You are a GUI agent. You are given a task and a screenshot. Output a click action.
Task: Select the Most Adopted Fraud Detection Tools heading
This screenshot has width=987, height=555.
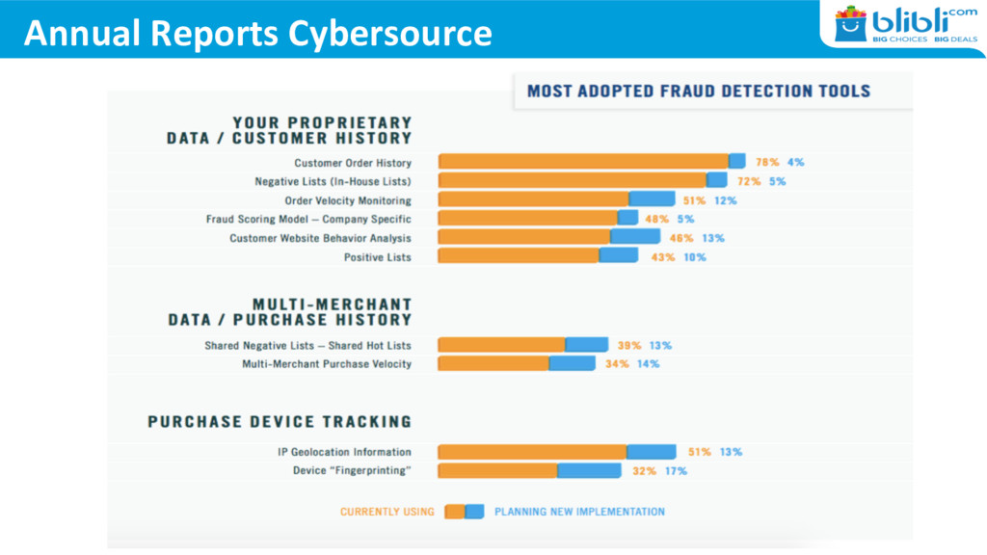(x=698, y=92)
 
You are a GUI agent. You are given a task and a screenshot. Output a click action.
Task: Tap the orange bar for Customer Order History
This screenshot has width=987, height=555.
(x=583, y=162)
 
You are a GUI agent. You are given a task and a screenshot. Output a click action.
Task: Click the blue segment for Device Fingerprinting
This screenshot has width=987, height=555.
(x=589, y=470)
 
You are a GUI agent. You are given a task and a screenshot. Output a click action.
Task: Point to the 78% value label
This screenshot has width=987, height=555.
(x=767, y=162)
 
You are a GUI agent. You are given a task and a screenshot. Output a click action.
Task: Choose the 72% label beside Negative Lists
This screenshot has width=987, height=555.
(x=749, y=181)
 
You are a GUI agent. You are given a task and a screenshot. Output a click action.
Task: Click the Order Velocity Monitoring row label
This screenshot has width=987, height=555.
(x=347, y=200)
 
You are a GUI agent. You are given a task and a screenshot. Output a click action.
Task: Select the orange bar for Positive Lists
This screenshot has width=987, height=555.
(x=519, y=256)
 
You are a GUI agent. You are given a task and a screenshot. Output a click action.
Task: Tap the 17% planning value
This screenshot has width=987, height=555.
(x=676, y=470)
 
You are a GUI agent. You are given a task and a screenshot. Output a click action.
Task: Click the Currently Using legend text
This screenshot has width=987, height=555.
(x=387, y=512)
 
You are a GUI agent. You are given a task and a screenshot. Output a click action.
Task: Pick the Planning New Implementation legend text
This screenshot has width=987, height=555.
(x=579, y=512)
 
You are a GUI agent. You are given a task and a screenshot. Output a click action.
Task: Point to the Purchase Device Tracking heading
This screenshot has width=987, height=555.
(x=280, y=422)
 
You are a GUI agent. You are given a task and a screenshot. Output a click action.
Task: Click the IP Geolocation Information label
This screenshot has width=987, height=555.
(x=343, y=451)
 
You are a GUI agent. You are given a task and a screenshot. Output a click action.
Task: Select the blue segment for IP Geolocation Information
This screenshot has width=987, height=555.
(x=652, y=451)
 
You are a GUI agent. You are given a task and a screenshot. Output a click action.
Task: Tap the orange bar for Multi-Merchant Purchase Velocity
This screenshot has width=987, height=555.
(x=493, y=363)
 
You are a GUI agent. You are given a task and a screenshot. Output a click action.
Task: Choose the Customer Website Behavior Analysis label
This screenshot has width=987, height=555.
(x=320, y=238)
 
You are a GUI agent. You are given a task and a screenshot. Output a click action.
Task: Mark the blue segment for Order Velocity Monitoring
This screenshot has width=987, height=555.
(x=653, y=199)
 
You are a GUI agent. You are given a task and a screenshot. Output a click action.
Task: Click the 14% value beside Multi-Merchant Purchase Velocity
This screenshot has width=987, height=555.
(x=649, y=363)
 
